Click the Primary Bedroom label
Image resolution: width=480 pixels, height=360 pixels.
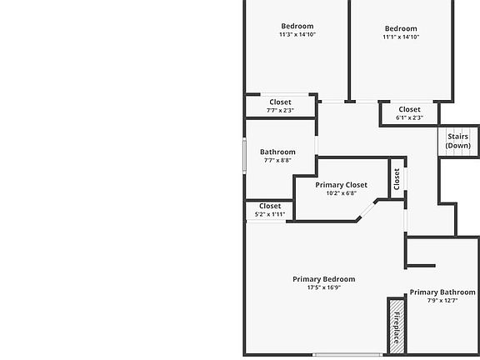(324, 279)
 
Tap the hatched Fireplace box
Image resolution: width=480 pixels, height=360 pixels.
(397, 327)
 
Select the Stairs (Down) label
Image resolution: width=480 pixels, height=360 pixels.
(458, 141)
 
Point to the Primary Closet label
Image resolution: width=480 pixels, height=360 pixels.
(342, 185)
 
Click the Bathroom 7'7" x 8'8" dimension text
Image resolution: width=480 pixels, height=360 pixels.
(277, 160)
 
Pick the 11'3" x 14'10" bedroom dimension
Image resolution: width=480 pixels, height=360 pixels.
(297, 34)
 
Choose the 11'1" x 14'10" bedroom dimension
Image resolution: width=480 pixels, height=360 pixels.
(401, 37)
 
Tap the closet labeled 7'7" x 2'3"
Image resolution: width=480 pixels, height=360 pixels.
(280, 106)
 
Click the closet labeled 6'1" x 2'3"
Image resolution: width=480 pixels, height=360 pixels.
(410, 113)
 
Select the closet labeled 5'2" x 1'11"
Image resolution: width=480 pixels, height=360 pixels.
(270, 210)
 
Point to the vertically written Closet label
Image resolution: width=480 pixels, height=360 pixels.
(397, 179)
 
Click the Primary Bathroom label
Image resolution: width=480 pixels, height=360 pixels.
(442, 292)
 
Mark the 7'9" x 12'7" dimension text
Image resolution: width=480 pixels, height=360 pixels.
(442, 301)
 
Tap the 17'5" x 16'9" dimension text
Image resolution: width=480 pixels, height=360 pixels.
(324, 287)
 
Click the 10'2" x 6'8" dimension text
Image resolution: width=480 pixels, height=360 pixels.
(342, 193)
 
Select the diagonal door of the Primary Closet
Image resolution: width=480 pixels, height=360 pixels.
(367, 210)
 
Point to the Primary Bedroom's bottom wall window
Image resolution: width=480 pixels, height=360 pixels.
(347, 355)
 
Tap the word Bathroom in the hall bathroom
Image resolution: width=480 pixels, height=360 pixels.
(277, 152)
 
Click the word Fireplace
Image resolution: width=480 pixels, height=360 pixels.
(397, 327)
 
